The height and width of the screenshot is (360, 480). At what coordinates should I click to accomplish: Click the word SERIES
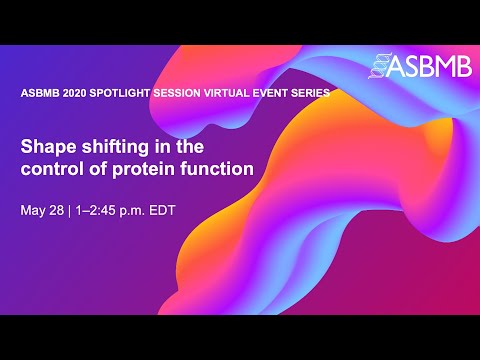click(332, 93)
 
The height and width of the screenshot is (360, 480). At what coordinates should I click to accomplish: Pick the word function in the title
click(217, 169)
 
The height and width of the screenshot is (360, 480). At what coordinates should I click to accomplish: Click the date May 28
click(42, 211)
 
